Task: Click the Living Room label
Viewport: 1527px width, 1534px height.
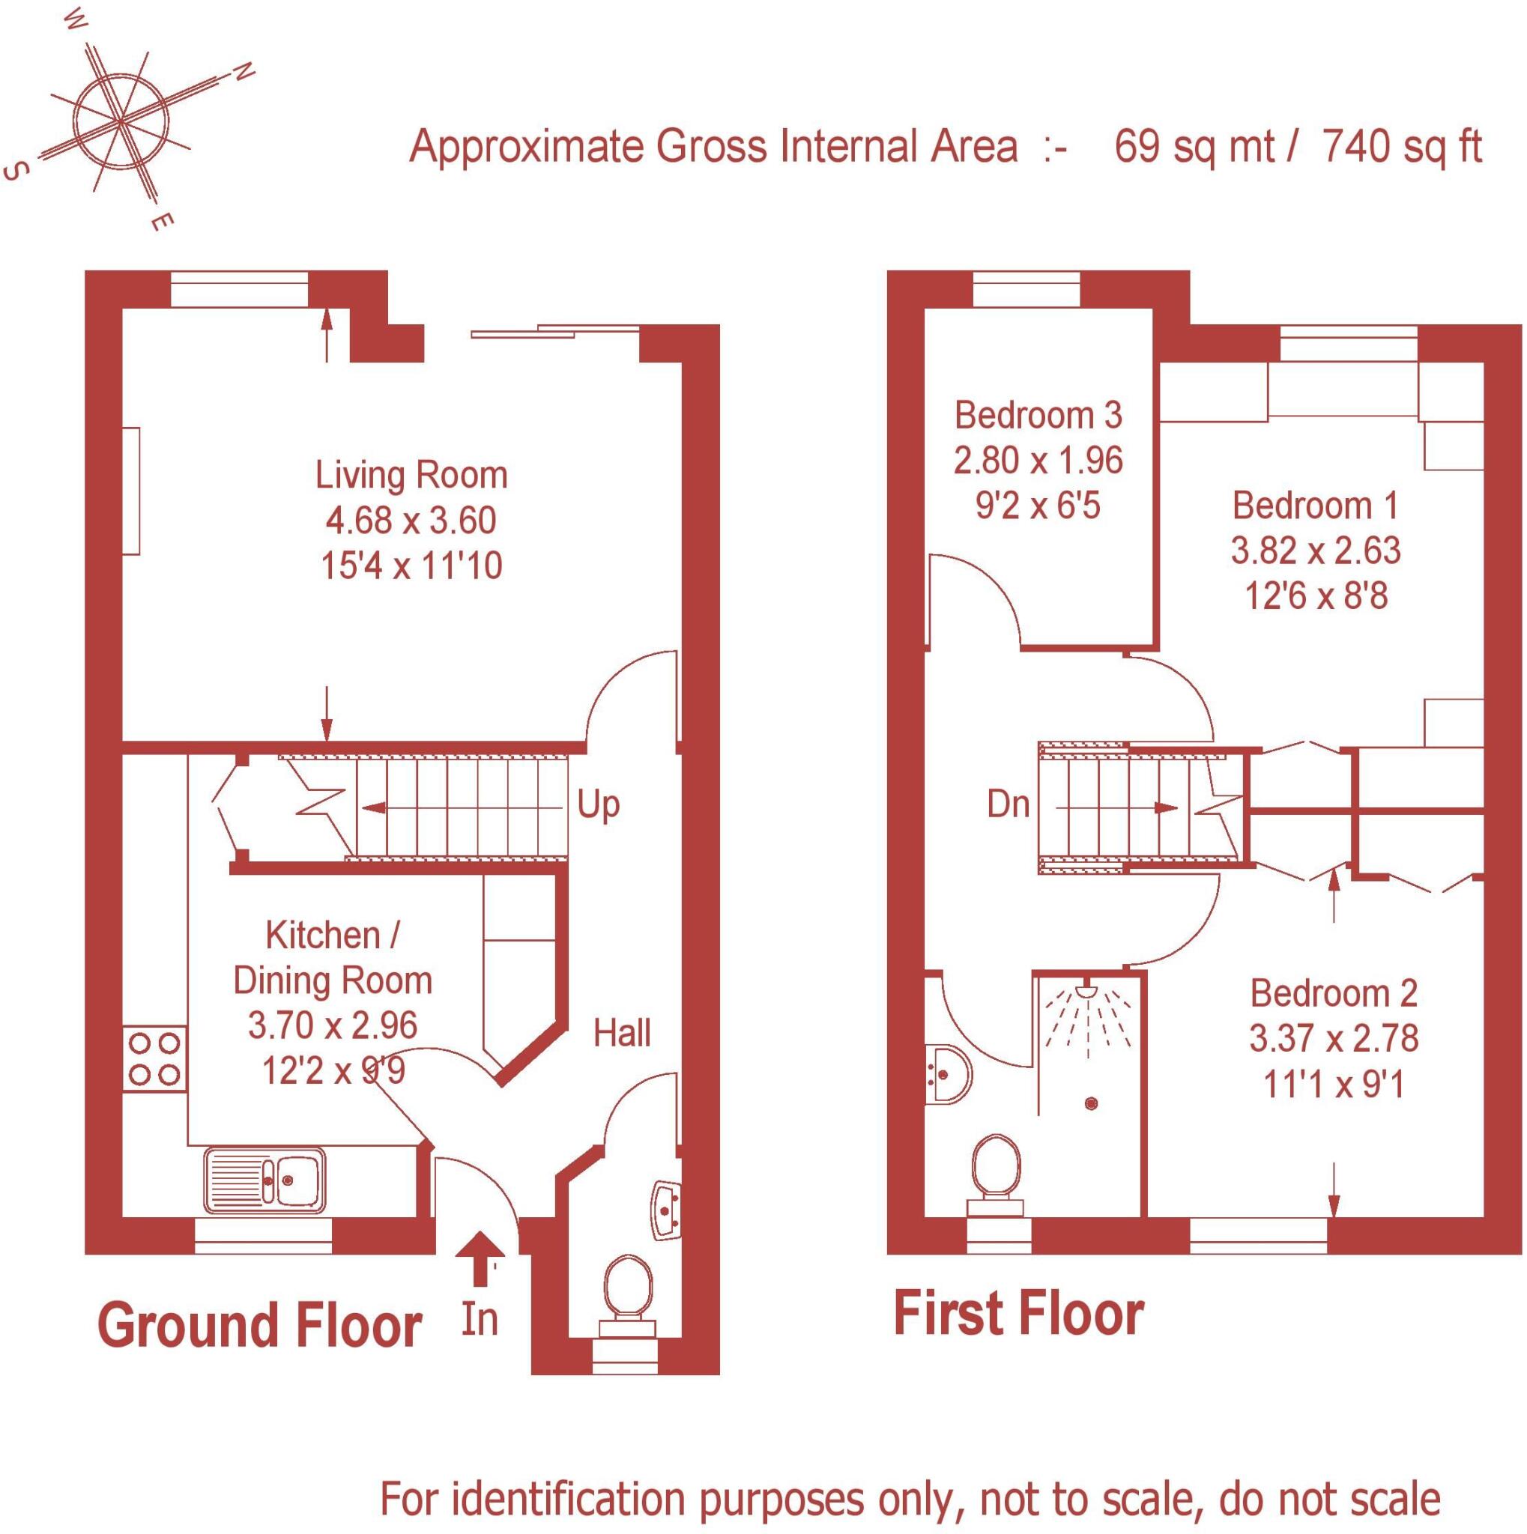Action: coord(411,476)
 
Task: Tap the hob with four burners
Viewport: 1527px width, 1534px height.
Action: coord(155,1058)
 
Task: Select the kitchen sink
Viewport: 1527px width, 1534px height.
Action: coord(264,1180)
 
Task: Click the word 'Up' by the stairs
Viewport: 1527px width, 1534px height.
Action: coord(598,805)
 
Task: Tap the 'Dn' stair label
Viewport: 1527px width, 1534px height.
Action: coord(1009,805)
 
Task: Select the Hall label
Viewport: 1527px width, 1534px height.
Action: coord(622,1034)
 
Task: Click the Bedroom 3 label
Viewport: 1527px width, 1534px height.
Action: coord(1038,415)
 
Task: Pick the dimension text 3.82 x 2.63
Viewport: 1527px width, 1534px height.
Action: coord(1316,551)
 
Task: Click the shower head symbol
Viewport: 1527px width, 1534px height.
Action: coord(1087,991)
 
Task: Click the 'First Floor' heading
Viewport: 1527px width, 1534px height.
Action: coord(1019,1315)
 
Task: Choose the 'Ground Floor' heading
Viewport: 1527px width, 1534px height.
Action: coord(260,1326)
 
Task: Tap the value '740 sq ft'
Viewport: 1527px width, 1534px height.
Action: coord(1403,147)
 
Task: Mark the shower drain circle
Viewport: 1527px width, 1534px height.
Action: coord(1091,1103)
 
